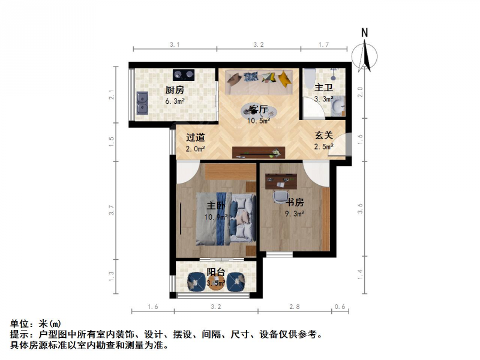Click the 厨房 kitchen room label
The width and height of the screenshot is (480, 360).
click(175, 89)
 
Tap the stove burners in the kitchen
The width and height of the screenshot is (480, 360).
click(184, 74)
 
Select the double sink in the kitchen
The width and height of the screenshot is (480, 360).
click(142, 103)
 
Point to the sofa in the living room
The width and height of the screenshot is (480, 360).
click(259, 82)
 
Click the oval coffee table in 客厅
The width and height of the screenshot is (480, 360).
click(259, 111)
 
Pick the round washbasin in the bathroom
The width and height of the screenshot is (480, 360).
click(338, 106)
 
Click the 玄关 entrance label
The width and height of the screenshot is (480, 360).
click(324, 135)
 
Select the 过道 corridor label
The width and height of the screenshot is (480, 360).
click(196, 137)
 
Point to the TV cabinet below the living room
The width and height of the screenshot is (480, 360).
click(259, 152)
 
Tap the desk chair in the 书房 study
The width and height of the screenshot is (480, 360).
click(281, 196)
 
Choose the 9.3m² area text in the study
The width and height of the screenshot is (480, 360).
click(295, 214)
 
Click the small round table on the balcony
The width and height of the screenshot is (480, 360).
click(216, 282)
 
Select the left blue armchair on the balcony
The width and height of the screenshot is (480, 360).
click(196, 281)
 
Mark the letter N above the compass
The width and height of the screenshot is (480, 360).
click(364, 33)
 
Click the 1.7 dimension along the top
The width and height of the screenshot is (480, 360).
click(324, 44)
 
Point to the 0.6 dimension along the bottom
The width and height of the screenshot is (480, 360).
click(340, 307)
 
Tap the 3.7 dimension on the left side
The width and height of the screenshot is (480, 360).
click(111, 210)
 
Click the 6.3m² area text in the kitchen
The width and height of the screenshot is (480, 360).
click(175, 101)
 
